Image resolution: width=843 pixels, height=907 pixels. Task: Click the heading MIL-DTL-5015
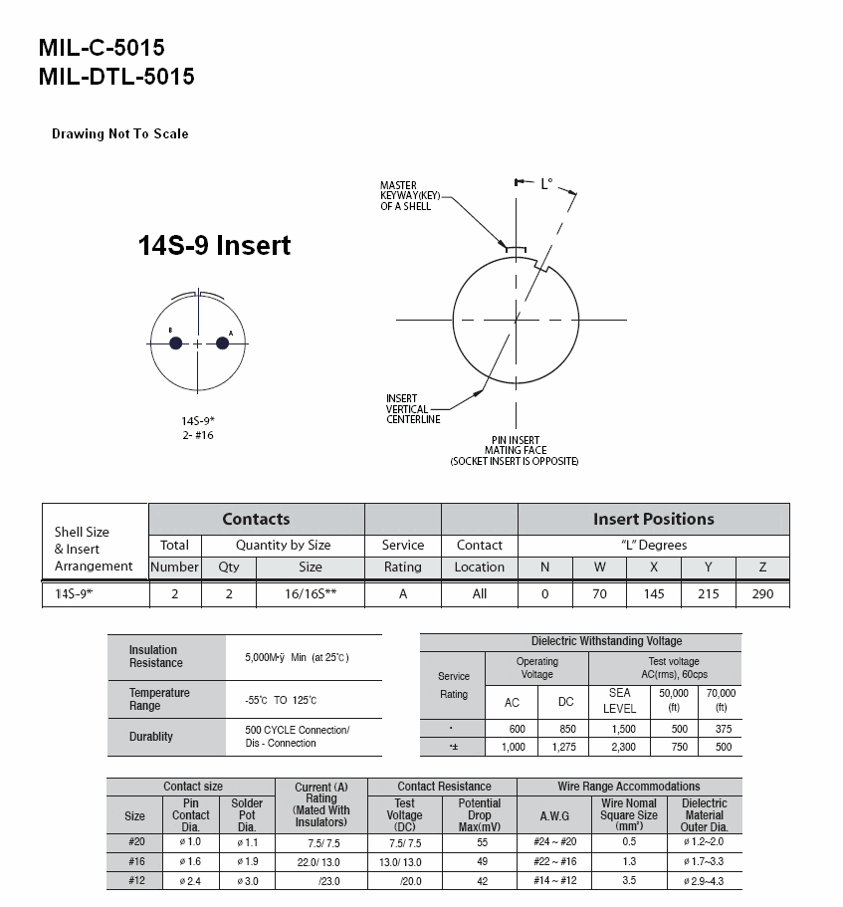pos(116,77)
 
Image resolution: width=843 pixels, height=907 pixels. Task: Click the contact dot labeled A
pos(222,343)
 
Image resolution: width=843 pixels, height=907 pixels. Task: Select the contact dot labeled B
pos(176,343)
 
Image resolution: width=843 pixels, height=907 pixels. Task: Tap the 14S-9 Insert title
pos(214,245)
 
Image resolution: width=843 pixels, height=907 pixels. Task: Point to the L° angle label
pos(546,184)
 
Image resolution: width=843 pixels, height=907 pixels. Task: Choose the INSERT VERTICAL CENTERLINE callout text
pos(413,409)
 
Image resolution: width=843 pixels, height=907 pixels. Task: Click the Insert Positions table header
pos(653,519)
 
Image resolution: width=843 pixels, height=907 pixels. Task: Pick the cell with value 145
pos(654,594)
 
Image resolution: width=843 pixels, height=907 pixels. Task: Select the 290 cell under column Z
pos(762,594)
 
